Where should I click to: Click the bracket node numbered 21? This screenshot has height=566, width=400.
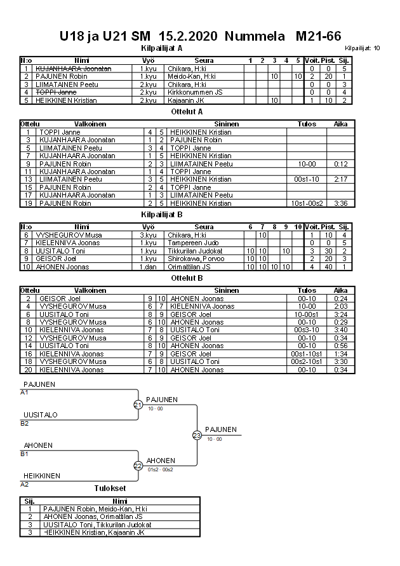tap(138, 405)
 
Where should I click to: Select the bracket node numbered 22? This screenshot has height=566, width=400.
tap(138, 466)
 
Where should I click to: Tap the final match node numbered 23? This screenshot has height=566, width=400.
tap(197, 435)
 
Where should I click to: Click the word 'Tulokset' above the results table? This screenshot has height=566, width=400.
tap(110, 489)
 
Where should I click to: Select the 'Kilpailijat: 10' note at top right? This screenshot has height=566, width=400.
tap(363, 48)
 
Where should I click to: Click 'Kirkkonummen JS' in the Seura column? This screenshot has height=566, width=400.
tap(194, 92)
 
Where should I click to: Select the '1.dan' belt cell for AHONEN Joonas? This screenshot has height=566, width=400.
tap(148, 267)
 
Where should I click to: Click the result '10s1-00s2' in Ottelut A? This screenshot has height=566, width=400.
tap(307, 203)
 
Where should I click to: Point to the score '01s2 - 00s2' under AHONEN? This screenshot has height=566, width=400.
tap(160, 469)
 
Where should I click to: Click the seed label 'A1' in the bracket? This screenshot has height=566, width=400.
tap(25, 392)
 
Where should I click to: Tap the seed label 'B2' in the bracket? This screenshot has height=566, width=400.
tap(25, 422)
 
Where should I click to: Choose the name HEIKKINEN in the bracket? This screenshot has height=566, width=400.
tap(42, 476)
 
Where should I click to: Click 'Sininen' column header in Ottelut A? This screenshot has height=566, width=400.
tap(227, 124)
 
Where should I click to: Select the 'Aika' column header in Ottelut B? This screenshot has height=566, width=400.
tap(342, 290)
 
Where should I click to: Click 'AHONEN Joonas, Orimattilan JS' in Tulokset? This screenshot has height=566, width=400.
tap(93, 516)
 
